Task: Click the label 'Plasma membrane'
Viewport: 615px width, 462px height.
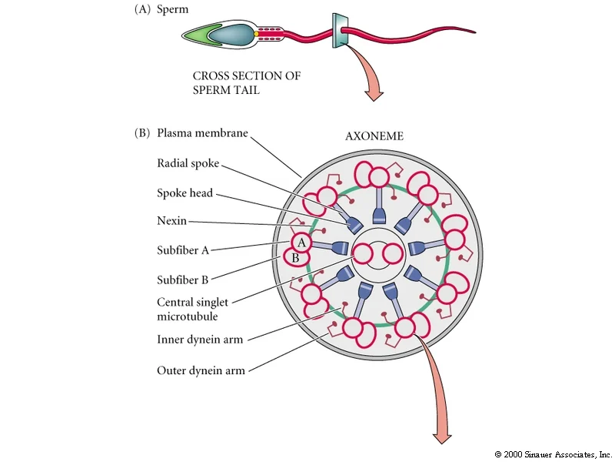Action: pyautogui.click(x=202, y=133)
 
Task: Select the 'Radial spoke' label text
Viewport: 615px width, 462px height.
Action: pyautogui.click(x=188, y=163)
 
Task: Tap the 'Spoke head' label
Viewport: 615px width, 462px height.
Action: pyautogui.click(x=184, y=193)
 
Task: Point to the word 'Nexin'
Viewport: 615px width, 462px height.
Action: pyautogui.click(x=171, y=220)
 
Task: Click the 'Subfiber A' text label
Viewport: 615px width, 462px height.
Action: pyautogui.click(x=183, y=250)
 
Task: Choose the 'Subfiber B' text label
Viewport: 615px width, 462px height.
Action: pyautogui.click(x=182, y=280)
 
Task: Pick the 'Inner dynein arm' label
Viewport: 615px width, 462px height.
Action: pyautogui.click(x=200, y=340)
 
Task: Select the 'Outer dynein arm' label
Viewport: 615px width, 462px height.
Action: pyautogui.click(x=201, y=370)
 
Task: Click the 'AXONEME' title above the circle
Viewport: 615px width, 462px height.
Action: pyautogui.click(x=374, y=136)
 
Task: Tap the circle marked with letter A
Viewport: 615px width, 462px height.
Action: pyautogui.click(x=301, y=243)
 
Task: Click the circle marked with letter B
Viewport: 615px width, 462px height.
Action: pyautogui.click(x=296, y=258)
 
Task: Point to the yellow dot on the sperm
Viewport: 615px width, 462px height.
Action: pyautogui.click(x=256, y=34)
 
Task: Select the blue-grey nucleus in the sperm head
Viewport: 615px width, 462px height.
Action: pyautogui.click(x=231, y=34)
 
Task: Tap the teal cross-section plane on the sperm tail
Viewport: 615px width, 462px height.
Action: pyautogui.click(x=340, y=31)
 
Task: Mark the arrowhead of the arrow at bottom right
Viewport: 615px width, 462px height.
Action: pyautogui.click(x=442, y=438)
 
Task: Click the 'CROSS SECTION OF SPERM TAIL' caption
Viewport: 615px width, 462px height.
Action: pyautogui.click(x=246, y=82)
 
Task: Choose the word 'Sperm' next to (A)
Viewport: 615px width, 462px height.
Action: pyautogui.click(x=172, y=9)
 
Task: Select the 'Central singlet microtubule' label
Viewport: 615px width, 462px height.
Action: pyautogui.click(x=192, y=310)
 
